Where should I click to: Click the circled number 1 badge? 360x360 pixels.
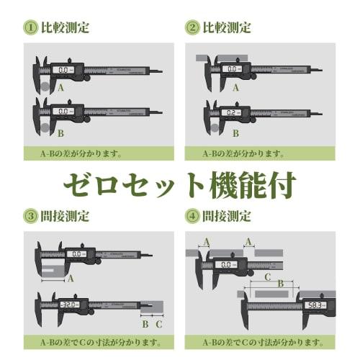tap(31, 27)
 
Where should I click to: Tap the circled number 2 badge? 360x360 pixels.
tap(192, 27)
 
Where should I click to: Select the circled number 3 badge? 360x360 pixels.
tap(31, 215)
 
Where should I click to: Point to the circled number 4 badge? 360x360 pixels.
tap(192, 215)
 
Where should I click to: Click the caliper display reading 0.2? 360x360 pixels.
tap(232, 113)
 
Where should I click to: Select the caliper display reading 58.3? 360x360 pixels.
tap(315, 306)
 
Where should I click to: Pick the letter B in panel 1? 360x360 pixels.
tap(61, 133)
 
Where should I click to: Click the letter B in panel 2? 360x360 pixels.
tap(235, 134)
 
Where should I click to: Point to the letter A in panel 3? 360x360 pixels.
tap(71, 278)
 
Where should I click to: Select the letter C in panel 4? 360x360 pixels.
tap(267, 276)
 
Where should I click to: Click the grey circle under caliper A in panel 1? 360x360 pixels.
tap(45, 85)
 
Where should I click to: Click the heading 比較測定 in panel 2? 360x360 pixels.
tap(227, 27)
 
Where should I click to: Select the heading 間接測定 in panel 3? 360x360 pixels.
tap(66, 215)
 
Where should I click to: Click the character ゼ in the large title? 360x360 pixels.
tap(80, 184)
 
